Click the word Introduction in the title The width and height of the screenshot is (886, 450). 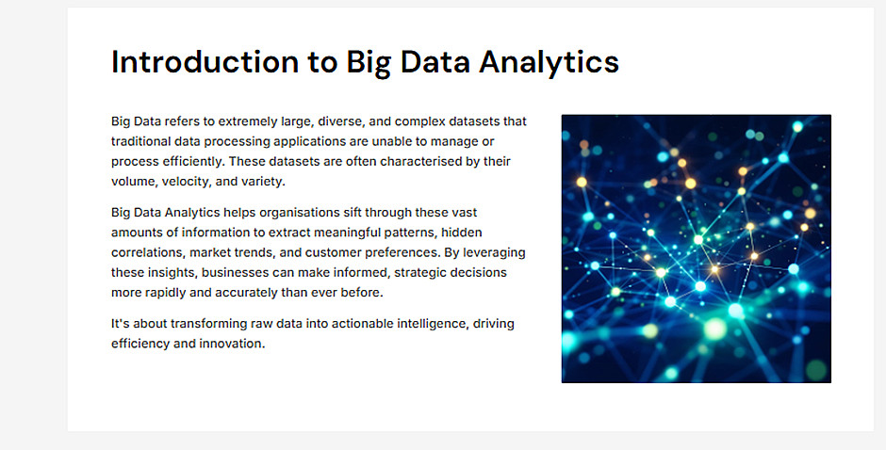pos(205,61)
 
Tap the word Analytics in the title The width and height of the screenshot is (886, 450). pos(549,63)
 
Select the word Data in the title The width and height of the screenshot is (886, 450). pos(435,61)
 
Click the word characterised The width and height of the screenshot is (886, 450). pos(421,162)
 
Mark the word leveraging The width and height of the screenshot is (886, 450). pos(494,252)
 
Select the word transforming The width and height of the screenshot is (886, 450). pos(205,324)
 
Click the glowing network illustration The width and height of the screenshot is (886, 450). pos(697,249)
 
